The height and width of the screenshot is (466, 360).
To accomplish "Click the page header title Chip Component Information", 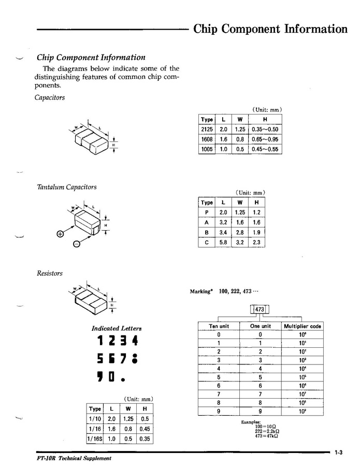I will click(270, 29).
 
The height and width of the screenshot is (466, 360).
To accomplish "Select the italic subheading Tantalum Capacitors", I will click(66, 187).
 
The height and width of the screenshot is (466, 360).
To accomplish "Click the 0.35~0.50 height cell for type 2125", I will click(265, 130).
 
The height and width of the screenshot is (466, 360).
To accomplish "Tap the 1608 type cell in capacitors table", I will click(207, 139).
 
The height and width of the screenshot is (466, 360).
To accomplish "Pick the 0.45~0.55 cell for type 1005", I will click(265, 149).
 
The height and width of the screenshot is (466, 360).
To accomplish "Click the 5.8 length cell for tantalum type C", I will click(223, 242).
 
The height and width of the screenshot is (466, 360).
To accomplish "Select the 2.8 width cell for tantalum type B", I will click(240, 232).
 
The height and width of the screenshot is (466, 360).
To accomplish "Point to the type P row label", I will click(207, 213).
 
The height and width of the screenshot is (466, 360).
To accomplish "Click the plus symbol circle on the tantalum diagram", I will click(60, 234).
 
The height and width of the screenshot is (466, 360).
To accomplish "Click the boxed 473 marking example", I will click(260, 309).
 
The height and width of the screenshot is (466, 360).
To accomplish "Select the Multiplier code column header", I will click(303, 326).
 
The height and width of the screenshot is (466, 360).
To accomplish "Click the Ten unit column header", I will click(219, 326).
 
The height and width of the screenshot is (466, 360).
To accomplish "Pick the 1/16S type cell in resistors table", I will click(95, 439).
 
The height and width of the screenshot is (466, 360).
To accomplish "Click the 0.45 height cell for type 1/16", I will click(145, 429).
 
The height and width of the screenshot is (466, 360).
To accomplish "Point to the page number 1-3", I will click(339, 453).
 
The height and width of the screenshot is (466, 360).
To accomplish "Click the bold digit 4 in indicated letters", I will click(134, 342).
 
